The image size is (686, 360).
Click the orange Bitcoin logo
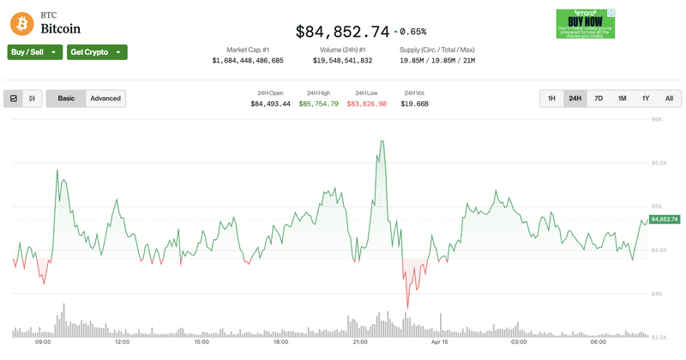coord(21,22)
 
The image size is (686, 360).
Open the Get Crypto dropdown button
coord(97,52)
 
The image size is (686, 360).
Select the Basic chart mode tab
coord(66,99)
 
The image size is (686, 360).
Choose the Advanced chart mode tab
coord(105,99)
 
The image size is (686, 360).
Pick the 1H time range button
coord(551,99)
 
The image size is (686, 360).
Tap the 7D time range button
coord(599,99)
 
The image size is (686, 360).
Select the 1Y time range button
coord(646,99)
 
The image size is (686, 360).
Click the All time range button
coord(669,99)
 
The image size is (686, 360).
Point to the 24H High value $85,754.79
coord(318,104)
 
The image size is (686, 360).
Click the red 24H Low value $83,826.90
coord(367,104)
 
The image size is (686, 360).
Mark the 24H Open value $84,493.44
coord(270,104)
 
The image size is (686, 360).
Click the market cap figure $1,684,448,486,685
coord(248,61)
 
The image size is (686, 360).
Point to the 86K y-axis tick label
coord(657,119)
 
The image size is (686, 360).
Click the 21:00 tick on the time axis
coord(360,342)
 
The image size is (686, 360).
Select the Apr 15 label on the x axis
coord(440,342)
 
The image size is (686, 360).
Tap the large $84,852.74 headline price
coord(342,32)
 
